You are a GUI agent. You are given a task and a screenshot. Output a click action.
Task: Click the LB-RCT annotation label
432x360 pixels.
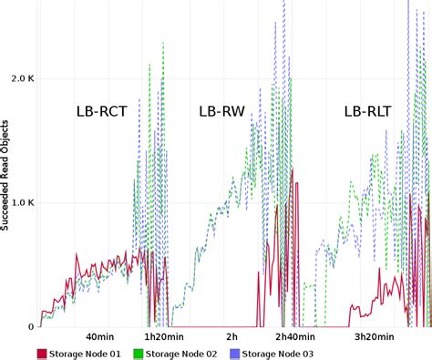click(x=101, y=112)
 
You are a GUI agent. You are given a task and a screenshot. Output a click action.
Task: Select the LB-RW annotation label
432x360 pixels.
click(x=221, y=112)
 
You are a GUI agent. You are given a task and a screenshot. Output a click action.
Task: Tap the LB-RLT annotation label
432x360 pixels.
click(x=369, y=112)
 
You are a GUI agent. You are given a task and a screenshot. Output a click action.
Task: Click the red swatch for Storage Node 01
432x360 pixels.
click(x=42, y=354)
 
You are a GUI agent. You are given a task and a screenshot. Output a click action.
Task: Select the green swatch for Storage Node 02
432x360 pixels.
click(x=140, y=354)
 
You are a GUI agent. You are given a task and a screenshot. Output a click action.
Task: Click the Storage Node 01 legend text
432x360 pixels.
click(x=87, y=354)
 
